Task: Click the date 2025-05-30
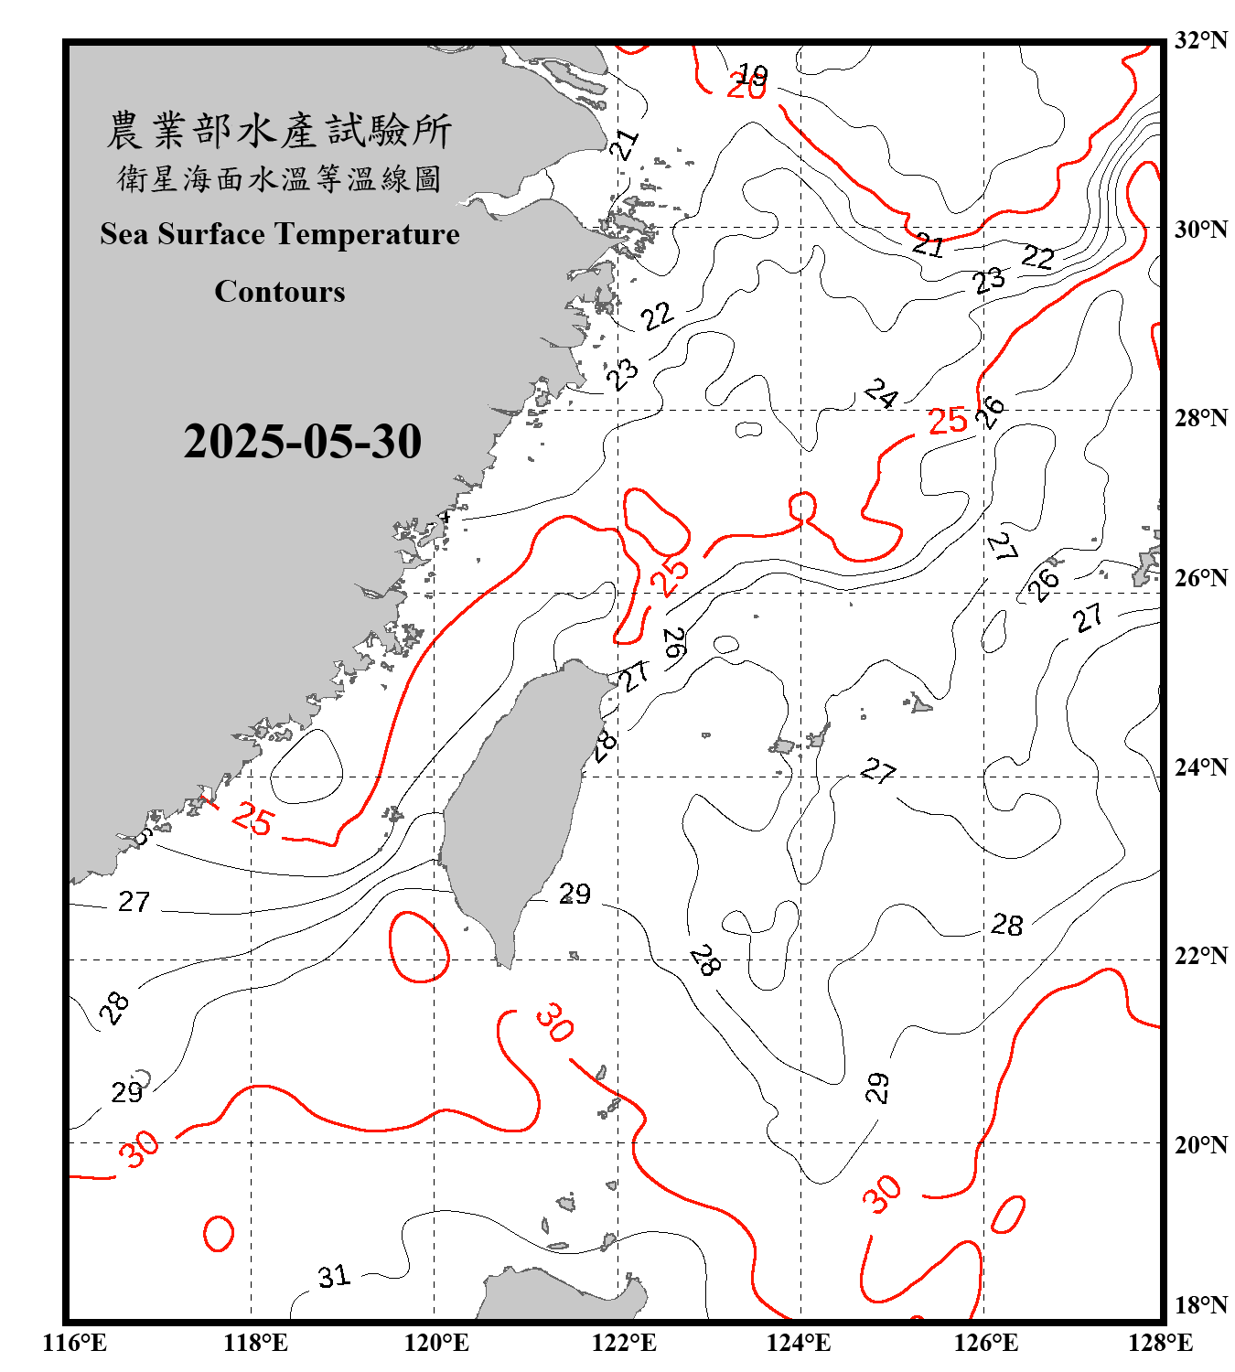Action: (x=302, y=442)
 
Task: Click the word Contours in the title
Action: (x=279, y=291)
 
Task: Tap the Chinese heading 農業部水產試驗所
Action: (x=279, y=131)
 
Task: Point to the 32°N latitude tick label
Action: (x=1200, y=40)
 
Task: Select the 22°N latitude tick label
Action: (x=1200, y=956)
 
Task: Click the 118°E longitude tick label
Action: (x=255, y=1343)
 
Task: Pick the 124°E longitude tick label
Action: (x=799, y=1343)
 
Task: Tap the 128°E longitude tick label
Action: (x=1160, y=1343)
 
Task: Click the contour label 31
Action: (x=334, y=1276)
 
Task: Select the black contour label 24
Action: (x=881, y=393)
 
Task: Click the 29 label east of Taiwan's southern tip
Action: (x=575, y=894)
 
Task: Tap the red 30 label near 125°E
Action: (x=882, y=1194)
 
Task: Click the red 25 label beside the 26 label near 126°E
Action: (x=947, y=421)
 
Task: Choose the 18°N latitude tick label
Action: (x=1200, y=1305)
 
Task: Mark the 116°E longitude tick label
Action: (x=75, y=1343)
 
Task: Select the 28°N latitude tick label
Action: (x=1200, y=418)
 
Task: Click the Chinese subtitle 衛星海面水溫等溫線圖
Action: (x=279, y=179)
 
